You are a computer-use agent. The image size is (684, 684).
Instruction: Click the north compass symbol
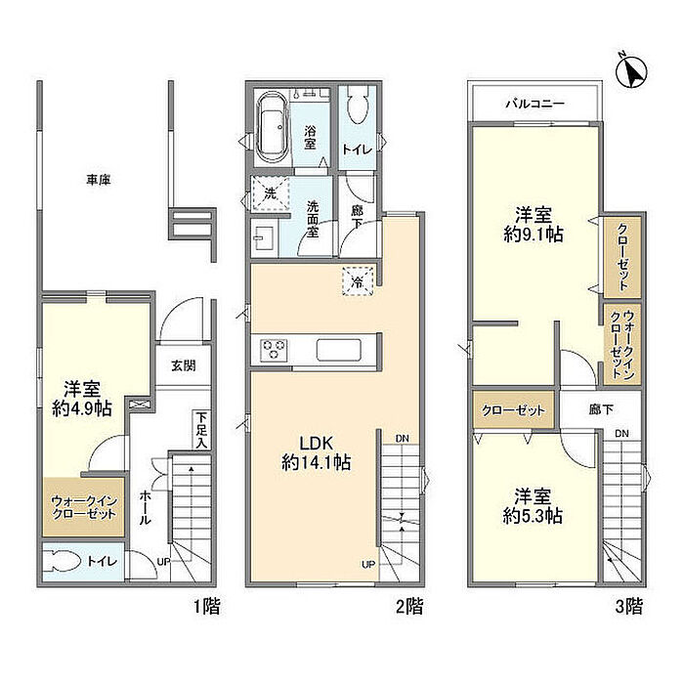pyautogui.click(x=631, y=70)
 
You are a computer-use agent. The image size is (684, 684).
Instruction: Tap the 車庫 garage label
pyautogui.click(x=98, y=180)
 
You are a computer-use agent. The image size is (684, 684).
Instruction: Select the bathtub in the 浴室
pyautogui.click(x=273, y=127)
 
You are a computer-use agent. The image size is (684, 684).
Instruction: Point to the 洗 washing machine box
pyautogui.click(x=271, y=193)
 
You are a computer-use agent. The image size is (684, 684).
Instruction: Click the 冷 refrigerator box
pyautogui.click(x=358, y=281)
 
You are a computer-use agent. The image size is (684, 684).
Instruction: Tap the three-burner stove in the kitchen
pyautogui.click(x=273, y=350)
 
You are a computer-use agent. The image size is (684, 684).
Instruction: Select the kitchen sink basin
pyautogui.click(x=338, y=350)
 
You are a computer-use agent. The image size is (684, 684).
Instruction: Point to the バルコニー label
pyautogui.click(x=534, y=104)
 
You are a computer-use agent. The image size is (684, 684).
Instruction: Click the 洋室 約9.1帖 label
pyautogui.click(x=534, y=225)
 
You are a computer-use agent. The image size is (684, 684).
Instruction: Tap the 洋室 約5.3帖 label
pyautogui.click(x=533, y=506)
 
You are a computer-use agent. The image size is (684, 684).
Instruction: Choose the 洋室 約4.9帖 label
pyautogui.click(x=82, y=399)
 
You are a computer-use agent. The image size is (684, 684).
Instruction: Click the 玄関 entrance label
pyautogui.click(x=184, y=365)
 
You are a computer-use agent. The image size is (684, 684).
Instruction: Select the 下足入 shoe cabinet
pyautogui.click(x=201, y=430)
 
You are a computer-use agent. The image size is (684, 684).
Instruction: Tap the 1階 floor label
pyautogui.click(x=207, y=607)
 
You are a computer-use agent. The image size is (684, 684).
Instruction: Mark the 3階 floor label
pyautogui.click(x=629, y=607)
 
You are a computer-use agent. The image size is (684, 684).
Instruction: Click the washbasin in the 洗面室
pyautogui.click(x=264, y=238)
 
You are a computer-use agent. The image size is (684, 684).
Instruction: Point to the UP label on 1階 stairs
pyautogui.click(x=163, y=562)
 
